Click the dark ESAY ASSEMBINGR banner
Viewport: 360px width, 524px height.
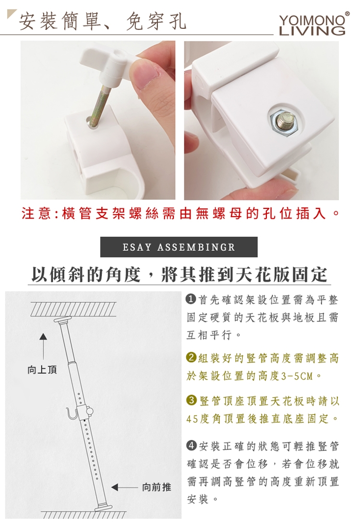tap(179, 247)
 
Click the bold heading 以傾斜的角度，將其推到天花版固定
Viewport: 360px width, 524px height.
tap(180, 275)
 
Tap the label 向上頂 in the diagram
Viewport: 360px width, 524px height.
tap(42, 370)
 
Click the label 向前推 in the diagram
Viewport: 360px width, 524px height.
tap(156, 487)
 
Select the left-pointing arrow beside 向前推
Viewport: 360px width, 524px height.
tap(125, 487)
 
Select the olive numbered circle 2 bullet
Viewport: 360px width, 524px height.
tap(192, 357)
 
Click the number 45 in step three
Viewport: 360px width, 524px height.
tap(192, 418)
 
